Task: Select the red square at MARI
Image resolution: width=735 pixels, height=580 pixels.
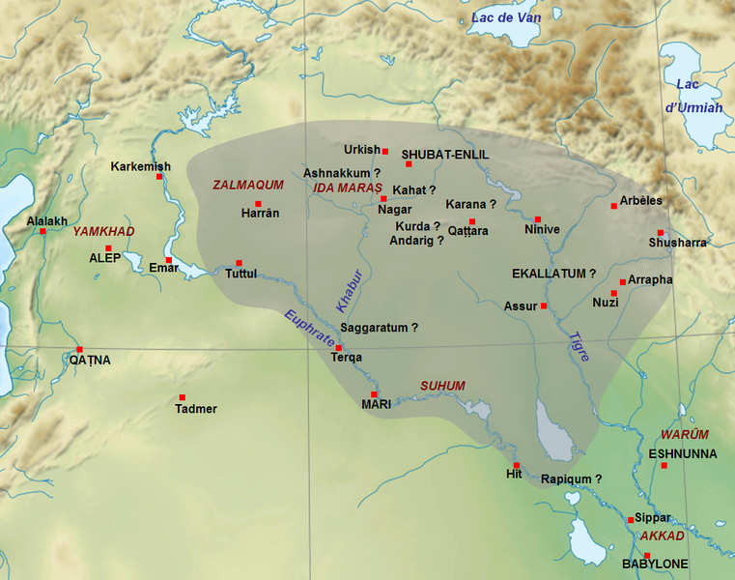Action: point(374,394)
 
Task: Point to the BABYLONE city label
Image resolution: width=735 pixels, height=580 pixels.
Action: point(654,564)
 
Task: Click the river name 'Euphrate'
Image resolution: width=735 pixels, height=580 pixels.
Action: point(309,329)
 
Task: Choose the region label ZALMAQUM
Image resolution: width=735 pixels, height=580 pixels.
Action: point(247,185)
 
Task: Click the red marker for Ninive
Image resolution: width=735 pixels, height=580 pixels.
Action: point(538,219)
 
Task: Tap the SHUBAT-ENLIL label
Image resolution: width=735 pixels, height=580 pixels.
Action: point(445,155)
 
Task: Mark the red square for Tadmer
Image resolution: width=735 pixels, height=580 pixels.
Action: point(182,397)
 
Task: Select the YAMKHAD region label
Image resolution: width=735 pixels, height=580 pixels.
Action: point(104,231)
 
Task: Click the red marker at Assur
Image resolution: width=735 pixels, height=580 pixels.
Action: point(544,306)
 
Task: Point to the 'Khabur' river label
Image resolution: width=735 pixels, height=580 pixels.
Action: point(347,289)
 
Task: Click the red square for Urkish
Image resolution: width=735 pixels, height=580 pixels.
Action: point(384,152)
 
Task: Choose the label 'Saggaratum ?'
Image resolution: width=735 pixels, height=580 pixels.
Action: point(380,328)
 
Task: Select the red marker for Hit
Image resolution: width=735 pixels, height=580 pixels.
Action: point(516,465)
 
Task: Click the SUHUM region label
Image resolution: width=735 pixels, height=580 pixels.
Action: point(442,386)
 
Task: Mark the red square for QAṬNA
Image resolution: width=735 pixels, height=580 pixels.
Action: point(80,349)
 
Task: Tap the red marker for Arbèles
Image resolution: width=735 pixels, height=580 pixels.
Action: point(613,206)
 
